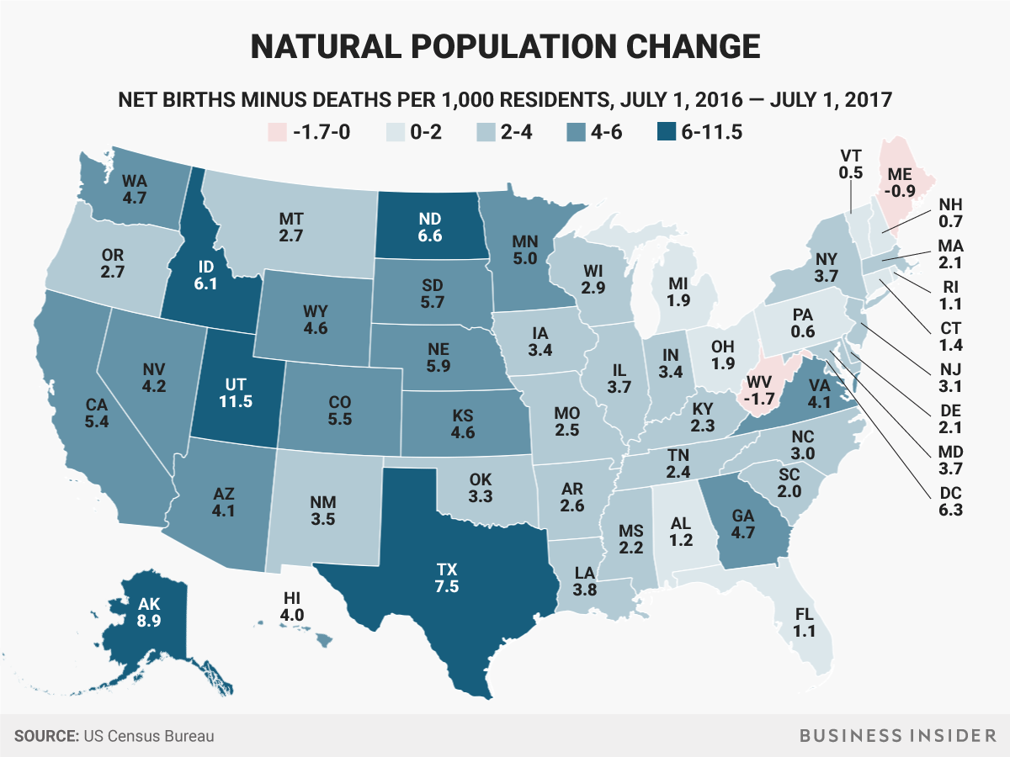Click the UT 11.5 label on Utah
tap(236, 393)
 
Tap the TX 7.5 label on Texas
tap(447, 578)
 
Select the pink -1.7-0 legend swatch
tap(277, 132)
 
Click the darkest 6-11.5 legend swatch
tap(667, 132)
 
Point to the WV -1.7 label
tap(759, 390)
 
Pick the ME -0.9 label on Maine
tap(900, 183)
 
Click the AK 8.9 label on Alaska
tap(149, 612)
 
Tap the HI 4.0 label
tap(292, 606)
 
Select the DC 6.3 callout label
tap(950, 501)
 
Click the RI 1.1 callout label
tap(950, 295)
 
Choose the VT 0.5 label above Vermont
tap(850, 164)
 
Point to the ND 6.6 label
tap(430, 227)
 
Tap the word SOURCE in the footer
tap(46, 736)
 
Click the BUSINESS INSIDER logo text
tap(898, 736)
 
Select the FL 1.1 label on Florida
tap(805, 622)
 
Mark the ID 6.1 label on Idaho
tap(205, 275)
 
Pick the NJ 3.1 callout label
tap(950, 378)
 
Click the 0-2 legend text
tap(426, 132)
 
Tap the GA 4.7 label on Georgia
tap(742, 524)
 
